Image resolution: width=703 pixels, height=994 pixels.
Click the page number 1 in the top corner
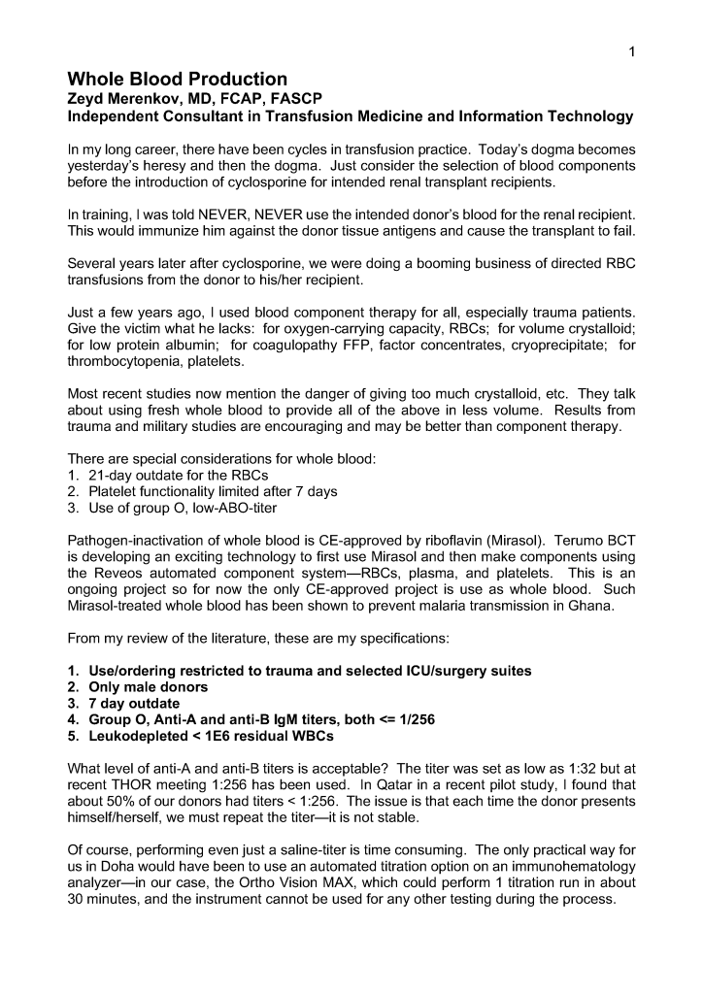click(632, 53)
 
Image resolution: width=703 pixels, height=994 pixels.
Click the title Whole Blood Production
click(178, 80)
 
